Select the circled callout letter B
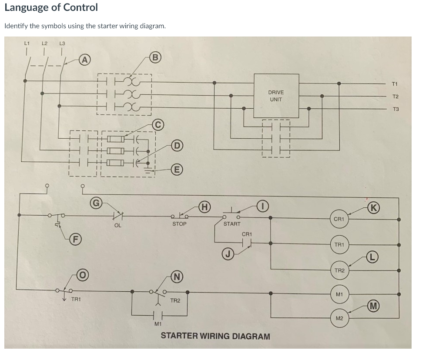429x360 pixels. pyautogui.click(x=154, y=56)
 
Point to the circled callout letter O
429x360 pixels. pyautogui.click(x=83, y=275)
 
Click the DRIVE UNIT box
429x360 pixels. pyautogui.click(x=276, y=96)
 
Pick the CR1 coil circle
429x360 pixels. pyautogui.click(x=339, y=219)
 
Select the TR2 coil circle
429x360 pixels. pyautogui.click(x=339, y=270)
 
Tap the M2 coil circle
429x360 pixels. pyautogui.click(x=339, y=318)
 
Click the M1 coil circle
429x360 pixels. pyautogui.click(x=339, y=295)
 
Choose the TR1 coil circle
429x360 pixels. pyautogui.click(x=339, y=245)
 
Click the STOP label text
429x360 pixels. pyautogui.click(x=179, y=224)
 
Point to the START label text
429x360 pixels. pyautogui.click(x=232, y=224)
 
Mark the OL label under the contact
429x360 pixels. pyautogui.click(x=117, y=226)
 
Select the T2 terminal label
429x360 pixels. pyautogui.click(x=395, y=97)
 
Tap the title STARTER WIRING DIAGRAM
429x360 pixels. pyautogui.click(x=215, y=336)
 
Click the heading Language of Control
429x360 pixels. pyautogui.click(x=51, y=7)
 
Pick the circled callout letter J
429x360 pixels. pyautogui.click(x=227, y=253)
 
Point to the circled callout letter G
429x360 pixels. pyautogui.click(x=96, y=202)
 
